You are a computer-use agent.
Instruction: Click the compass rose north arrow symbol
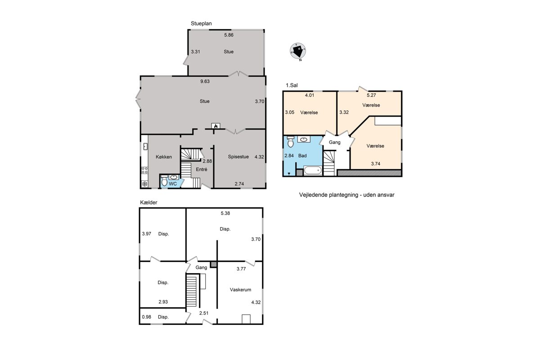pos(298,51)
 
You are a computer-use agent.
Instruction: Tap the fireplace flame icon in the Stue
pos(216,126)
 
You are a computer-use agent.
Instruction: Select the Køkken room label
pos(164,157)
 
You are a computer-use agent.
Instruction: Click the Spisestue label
pos(238,157)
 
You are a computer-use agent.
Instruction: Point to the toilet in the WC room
pos(164,180)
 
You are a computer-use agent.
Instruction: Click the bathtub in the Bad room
pos(313,171)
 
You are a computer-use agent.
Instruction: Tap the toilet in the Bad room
pos(291,142)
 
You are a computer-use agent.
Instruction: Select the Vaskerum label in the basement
pos(240,290)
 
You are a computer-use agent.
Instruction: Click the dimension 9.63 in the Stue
pos(205,81)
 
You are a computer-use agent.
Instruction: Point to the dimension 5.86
pos(229,35)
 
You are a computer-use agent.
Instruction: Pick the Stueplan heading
pos(201,24)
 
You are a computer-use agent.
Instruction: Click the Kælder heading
pos(148,202)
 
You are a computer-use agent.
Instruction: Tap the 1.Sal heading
pos(292,85)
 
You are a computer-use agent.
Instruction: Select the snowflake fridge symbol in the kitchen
pos(144,184)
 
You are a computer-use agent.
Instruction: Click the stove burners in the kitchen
pos(144,170)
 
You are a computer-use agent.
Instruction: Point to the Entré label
pos(202,170)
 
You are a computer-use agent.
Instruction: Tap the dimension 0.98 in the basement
pos(147,317)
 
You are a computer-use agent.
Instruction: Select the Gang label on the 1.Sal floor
pos(335,143)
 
